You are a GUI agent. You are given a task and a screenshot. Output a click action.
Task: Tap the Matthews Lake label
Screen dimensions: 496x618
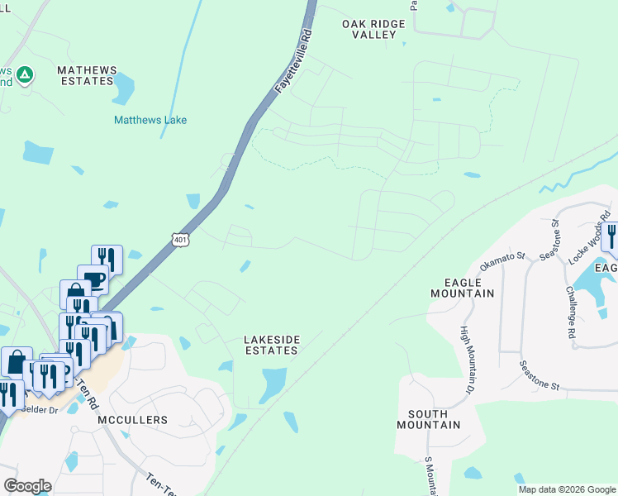(x=150, y=120)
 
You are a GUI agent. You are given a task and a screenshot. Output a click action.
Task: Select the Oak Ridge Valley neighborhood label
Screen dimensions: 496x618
(x=373, y=30)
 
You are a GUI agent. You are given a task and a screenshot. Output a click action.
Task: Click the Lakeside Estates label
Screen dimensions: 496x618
(x=271, y=345)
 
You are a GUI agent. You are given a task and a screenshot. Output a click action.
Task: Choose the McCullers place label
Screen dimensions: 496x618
(x=132, y=420)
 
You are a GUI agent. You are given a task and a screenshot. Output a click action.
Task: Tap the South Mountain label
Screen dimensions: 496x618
(x=427, y=419)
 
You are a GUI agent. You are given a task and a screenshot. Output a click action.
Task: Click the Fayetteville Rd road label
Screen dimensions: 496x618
(x=294, y=61)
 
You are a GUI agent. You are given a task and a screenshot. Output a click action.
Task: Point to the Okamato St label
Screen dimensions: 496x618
(x=503, y=262)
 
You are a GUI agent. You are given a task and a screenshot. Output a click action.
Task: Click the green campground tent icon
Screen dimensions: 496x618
(x=26, y=75)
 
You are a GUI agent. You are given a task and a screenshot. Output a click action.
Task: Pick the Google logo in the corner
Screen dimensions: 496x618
(x=27, y=486)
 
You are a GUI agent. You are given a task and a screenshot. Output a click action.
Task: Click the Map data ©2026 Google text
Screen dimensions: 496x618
(x=568, y=489)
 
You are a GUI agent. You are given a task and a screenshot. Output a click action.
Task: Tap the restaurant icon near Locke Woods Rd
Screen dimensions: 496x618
(x=611, y=236)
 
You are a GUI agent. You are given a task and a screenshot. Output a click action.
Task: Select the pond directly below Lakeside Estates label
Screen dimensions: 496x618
(x=273, y=384)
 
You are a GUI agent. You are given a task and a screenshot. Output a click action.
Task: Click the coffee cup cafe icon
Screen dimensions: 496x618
(x=93, y=279)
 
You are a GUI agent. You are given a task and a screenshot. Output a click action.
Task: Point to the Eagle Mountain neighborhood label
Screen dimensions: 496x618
(x=463, y=287)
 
